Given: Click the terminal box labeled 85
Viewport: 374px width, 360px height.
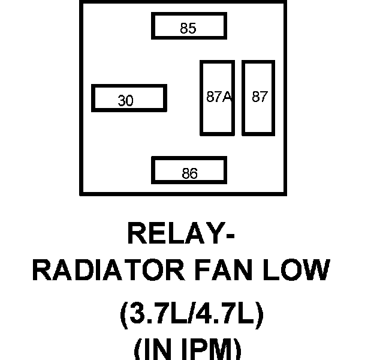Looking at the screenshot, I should pyautogui.click(x=189, y=26).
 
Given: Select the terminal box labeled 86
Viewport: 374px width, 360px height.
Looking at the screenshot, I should pyautogui.click(x=189, y=170).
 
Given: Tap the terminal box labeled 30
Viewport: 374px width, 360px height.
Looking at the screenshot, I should pyautogui.click(x=128, y=98).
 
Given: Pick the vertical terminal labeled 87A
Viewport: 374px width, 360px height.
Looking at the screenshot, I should pyautogui.click(x=217, y=98).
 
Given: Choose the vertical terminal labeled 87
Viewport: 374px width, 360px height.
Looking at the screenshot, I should pyautogui.click(x=258, y=98).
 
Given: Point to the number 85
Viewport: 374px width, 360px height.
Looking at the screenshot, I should pyautogui.click(x=188, y=28).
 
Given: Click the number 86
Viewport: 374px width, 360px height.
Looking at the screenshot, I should pyautogui.click(x=189, y=174).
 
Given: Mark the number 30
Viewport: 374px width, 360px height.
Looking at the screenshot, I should pyautogui.click(x=125, y=101).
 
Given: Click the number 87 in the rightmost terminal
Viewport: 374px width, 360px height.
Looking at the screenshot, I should pyautogui.click(x=260, y=97).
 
